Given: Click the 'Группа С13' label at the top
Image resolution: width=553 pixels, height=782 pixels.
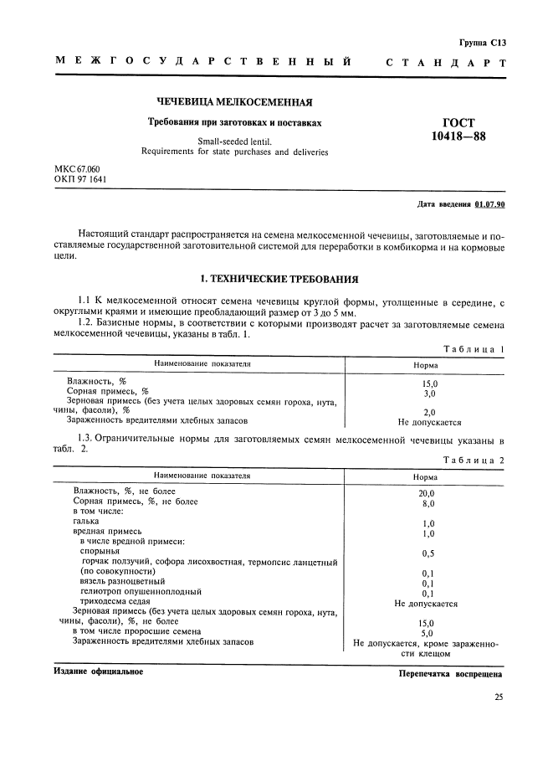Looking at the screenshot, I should coord(484,41).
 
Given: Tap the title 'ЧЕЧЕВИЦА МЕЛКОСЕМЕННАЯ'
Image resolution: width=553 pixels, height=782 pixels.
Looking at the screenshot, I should coord(234,103).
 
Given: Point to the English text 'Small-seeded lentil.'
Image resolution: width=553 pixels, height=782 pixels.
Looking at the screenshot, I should coord(236,141).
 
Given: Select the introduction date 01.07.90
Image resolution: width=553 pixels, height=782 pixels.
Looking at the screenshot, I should coord(495,204).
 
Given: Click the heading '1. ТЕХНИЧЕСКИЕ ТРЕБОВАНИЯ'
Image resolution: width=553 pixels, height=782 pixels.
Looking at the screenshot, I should coord(277,278).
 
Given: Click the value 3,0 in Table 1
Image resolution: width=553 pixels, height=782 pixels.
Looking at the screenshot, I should coord(429,392).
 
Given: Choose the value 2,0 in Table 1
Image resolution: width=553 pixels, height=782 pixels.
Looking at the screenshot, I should coord(429,412).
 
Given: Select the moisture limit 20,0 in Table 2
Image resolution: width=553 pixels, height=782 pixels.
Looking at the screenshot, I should coord(427,493).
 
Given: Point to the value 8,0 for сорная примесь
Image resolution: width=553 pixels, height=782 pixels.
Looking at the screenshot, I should coord(427,503).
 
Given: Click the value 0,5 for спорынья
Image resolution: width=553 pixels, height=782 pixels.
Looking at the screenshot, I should coord(427,553).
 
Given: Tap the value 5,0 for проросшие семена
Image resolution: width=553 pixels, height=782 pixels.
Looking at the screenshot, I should coord(427,633).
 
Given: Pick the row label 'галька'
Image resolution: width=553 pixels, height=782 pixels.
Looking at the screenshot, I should coord(87,521).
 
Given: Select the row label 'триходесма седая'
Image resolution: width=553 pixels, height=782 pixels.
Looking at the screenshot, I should coord(115,601).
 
